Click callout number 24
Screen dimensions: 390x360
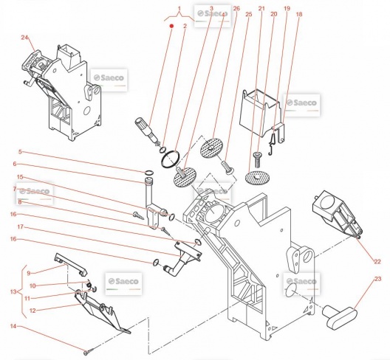click(24, 38)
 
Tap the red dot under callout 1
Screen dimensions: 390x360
click(171, 26)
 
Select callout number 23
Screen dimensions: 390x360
click(377, 279)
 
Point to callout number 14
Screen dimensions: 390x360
click(13, 326)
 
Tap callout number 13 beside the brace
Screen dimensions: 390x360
click(13, 291)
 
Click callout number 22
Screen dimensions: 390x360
click(377, 261)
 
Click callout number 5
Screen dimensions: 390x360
click(20, 151)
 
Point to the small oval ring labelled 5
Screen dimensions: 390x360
click(148, 173)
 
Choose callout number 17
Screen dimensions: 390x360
click(21, 226)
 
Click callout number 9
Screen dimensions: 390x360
click(29, 273)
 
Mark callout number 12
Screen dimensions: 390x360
click(32, 311)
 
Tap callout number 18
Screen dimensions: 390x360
click(299, 14)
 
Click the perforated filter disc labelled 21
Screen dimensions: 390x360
click(257, 178)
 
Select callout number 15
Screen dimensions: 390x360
click(20, 177)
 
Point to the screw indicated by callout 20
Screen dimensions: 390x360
click(257, 159)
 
